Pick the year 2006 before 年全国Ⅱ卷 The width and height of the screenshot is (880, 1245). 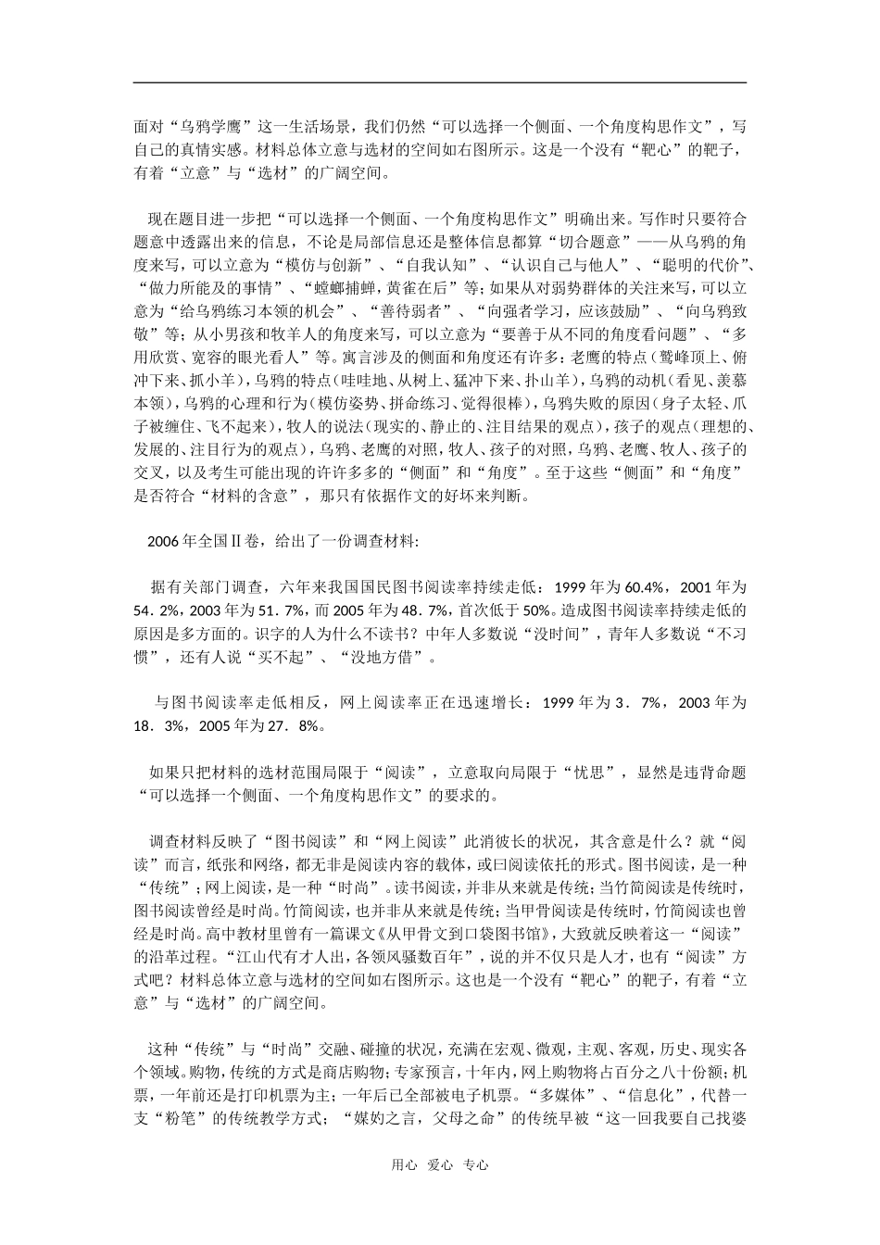tap(162, 542)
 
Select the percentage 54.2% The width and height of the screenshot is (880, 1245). tap(154, 610)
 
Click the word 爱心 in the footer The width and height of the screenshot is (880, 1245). tap(439, 1165)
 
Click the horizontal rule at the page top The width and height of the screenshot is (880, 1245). tap(440, 82)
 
